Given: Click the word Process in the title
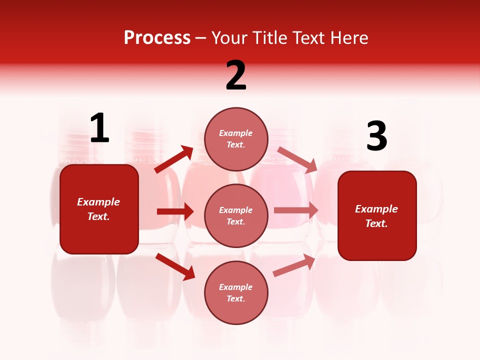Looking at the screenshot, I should point(157,37).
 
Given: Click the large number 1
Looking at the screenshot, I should point(99,128).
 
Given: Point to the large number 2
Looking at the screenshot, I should point(236,75).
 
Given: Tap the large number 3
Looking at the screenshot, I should point(376,136).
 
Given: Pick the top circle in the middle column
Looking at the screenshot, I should point(236,139).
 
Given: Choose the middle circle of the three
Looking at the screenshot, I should point(236,215).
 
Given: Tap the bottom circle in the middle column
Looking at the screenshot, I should point(236,292).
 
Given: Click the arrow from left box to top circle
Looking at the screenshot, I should point(174,159).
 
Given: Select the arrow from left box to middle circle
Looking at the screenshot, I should point(175,211).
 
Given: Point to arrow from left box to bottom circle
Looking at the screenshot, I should point(175,266).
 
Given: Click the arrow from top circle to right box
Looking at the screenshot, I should point(297,159).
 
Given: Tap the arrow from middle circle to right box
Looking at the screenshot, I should point(296,210).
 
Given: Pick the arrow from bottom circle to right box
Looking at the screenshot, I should point(294,265).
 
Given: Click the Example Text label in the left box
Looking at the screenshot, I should point(98,209).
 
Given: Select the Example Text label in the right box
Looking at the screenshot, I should point(376,216).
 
